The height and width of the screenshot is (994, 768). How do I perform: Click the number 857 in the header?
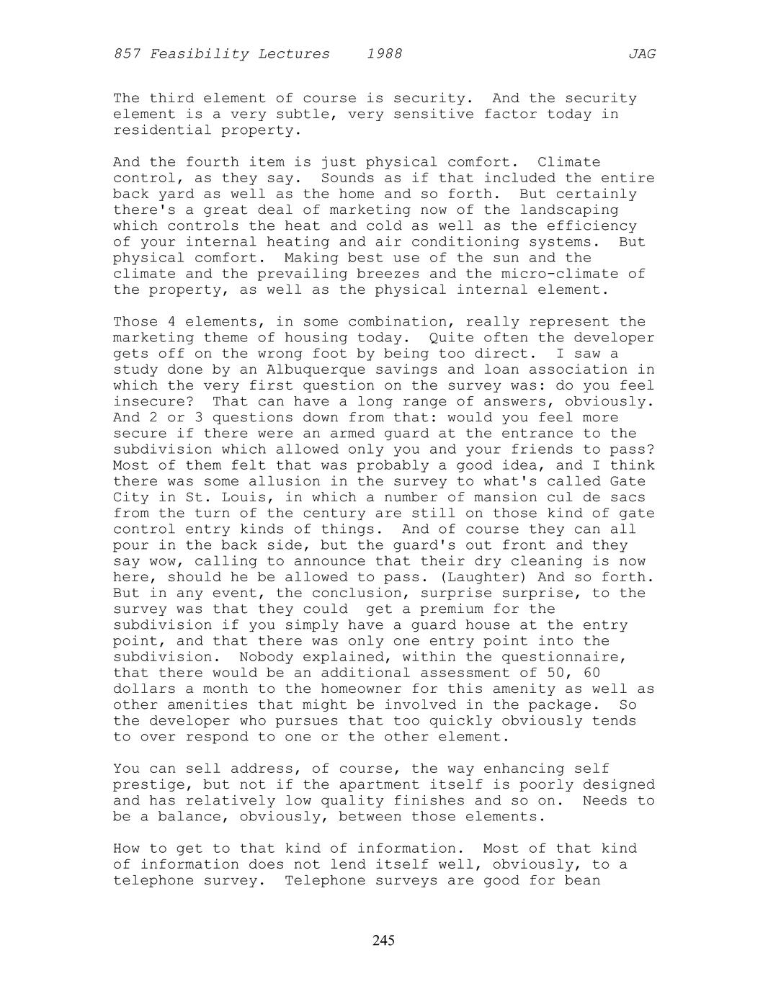click(127, 54)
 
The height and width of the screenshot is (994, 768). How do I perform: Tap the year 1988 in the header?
click(384, 54)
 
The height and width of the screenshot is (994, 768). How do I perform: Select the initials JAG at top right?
click(642, 54)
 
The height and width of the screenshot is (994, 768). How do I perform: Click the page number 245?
click(383, 940)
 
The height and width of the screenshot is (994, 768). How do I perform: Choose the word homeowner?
click(357, 689)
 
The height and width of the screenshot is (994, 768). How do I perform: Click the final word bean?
click(583, 880)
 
